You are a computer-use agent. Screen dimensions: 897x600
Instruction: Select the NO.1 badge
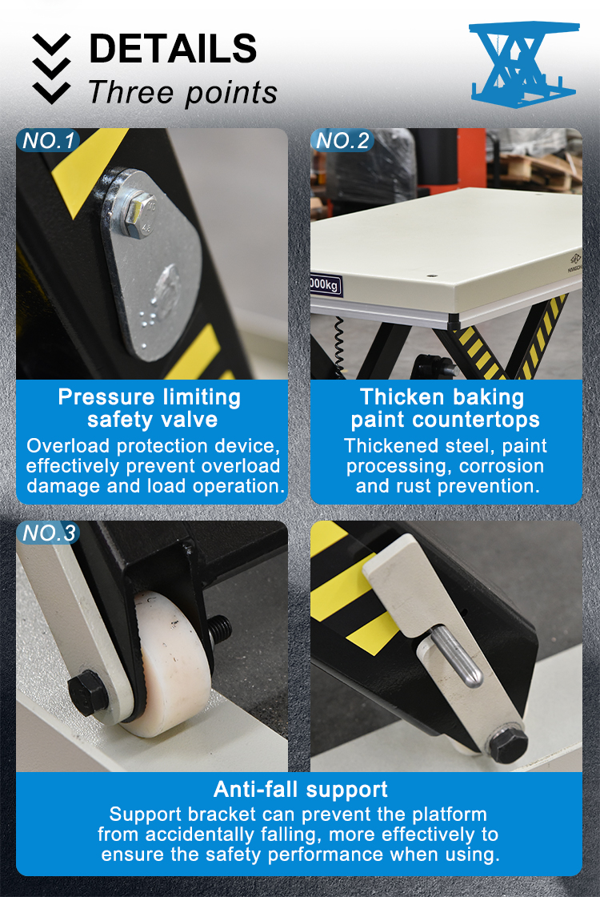tap(48, 141)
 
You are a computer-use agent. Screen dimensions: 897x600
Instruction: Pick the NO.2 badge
tap(342, 141)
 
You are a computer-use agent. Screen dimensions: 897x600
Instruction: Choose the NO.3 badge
tap(48, 533)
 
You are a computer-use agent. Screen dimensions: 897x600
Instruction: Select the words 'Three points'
tap(182, 93)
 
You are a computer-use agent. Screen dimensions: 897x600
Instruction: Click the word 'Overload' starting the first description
tap(63, 445)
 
